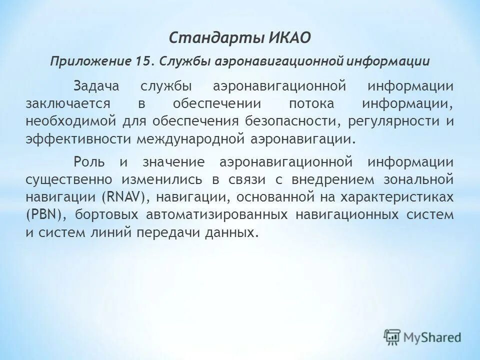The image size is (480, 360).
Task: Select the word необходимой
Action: (x=66, y=121)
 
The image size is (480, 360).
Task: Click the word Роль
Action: (x=89, y=161)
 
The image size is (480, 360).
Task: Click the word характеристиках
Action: (x=397, y=197)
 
